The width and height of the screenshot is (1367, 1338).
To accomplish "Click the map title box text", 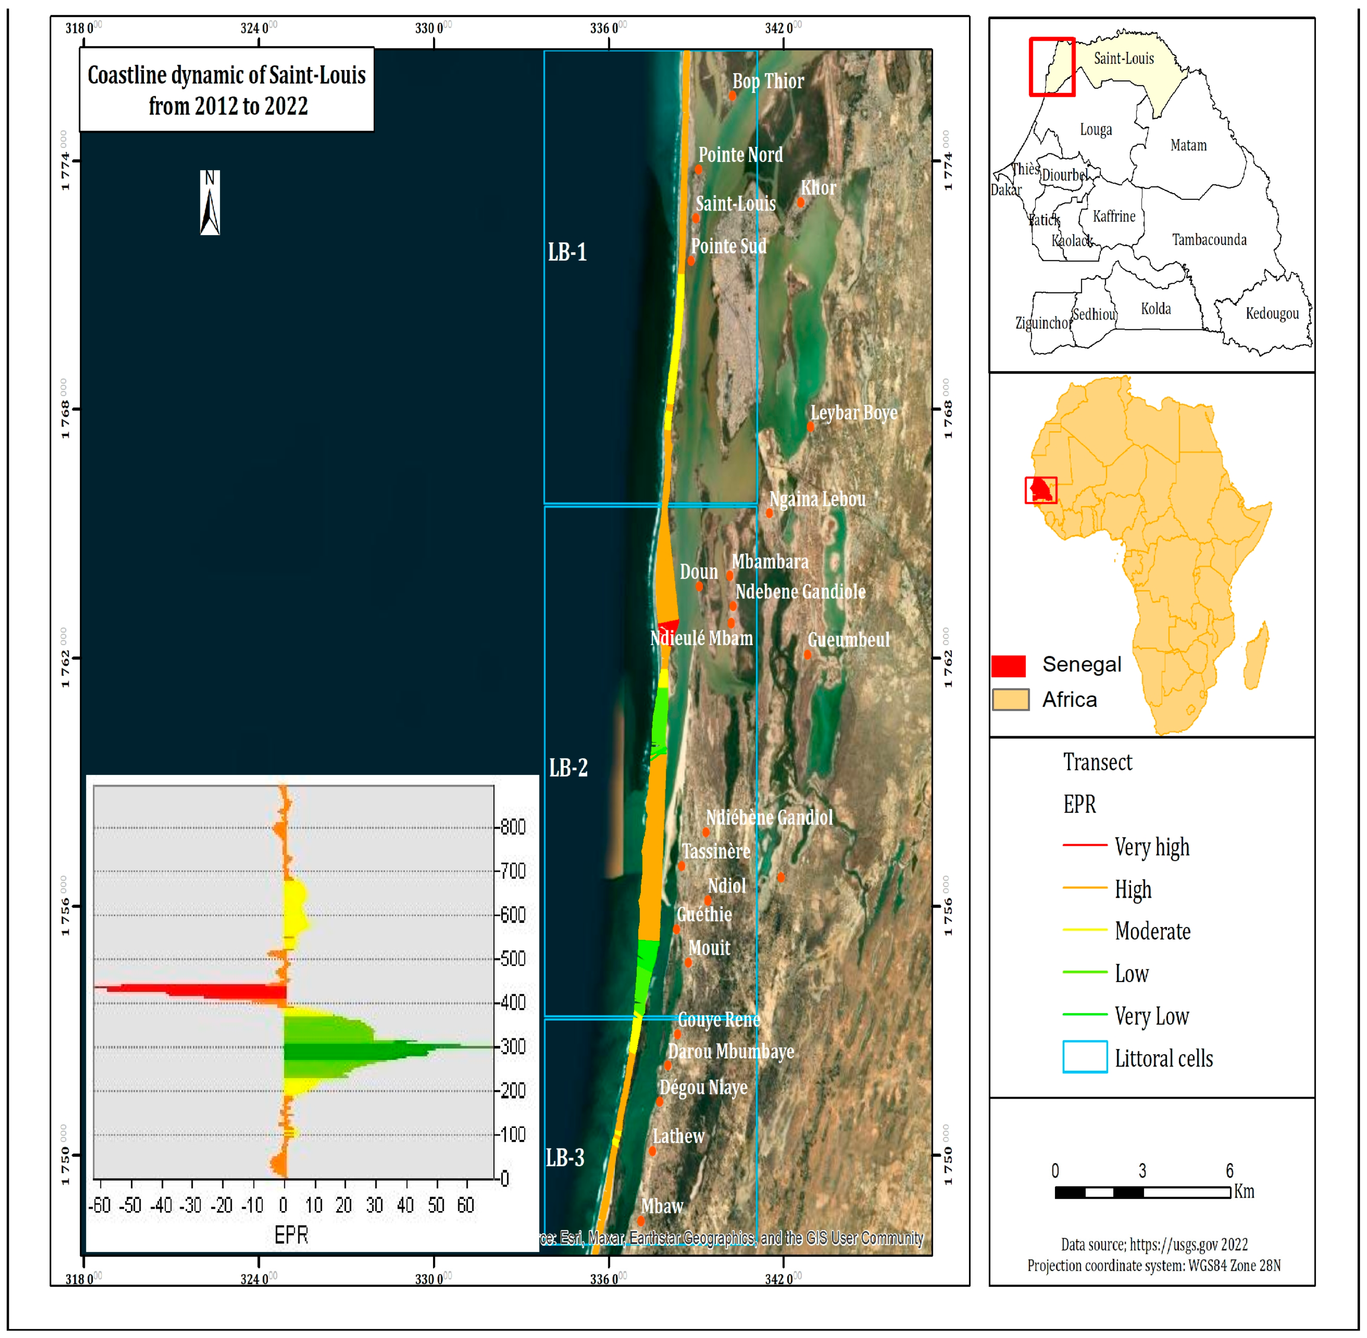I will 226,90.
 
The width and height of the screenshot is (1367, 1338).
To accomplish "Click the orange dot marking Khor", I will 800,203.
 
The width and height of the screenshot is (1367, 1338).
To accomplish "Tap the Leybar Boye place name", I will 854,413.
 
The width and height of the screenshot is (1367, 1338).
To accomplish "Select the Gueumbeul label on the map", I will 848,639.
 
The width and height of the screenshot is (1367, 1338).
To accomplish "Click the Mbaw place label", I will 662,1206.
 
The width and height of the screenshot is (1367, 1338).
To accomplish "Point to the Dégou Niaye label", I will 703,1087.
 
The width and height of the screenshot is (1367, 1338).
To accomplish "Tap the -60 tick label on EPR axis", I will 100,1205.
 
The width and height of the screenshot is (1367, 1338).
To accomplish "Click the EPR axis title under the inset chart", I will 291,1235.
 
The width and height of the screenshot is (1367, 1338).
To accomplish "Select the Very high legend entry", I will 1152,847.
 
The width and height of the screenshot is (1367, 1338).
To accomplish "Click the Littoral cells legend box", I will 1085,1057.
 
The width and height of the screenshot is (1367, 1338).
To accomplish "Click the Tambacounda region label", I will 1209,240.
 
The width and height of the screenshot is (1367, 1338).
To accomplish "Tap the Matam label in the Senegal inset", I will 1188,145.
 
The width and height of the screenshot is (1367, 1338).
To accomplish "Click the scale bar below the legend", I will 1143,1192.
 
